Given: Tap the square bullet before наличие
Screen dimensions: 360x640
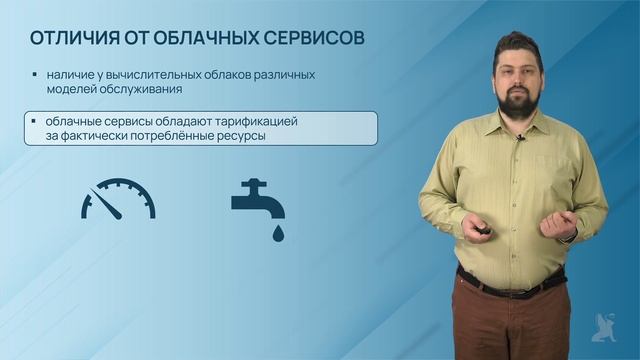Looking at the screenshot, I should (x=35, y=75).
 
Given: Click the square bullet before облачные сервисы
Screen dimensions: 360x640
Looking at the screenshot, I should (x=35, y=121).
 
